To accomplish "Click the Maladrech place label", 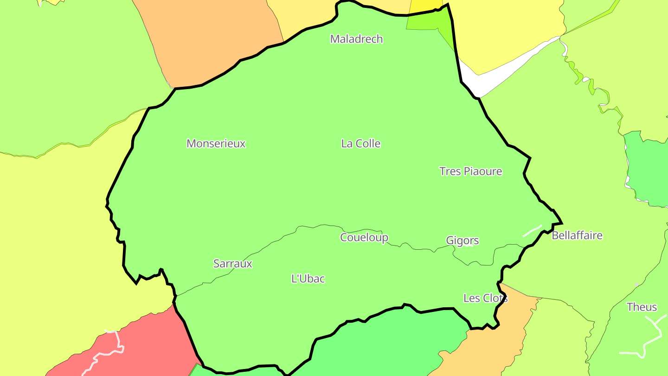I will (356, 39).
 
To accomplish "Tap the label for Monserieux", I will (216, 143).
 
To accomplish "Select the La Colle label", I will (360, 143).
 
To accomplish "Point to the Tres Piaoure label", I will (470, 171).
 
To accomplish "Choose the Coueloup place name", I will (364, 237).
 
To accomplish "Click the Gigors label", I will (462, 240).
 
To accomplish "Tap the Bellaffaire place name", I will (577, 235).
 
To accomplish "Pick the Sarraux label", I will (232, 264).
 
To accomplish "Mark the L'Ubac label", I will (308, 279).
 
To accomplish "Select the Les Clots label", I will (485, 298).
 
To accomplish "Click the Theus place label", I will (642, 307).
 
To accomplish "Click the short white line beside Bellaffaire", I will (532, 231).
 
